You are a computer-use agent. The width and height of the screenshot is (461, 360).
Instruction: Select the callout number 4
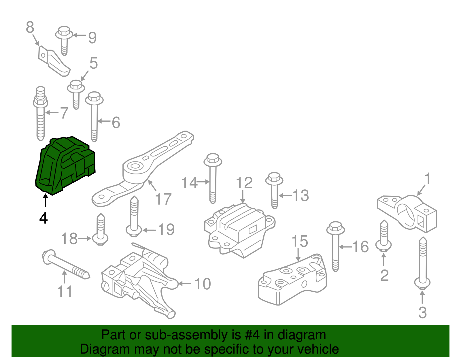tap(44, 218)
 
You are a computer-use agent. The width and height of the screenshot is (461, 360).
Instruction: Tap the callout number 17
tap(163, 199)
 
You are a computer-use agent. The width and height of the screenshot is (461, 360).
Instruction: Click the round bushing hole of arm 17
tap(134, 167)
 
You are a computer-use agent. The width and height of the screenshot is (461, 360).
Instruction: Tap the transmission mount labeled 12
tap(239, 229)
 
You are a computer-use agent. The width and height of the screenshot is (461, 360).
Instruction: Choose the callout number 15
tap(300, 241)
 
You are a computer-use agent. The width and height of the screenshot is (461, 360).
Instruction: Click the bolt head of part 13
tap(274, 178)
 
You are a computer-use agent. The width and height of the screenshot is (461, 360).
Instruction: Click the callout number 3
tap(422, 312)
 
